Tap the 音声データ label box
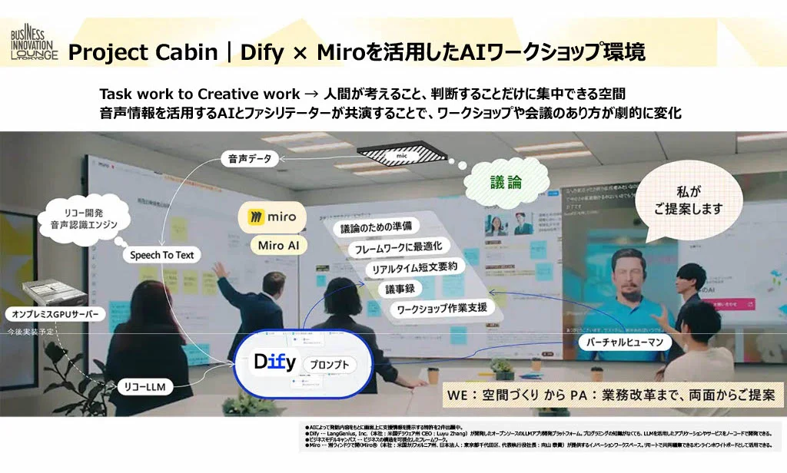(x=251, y=159)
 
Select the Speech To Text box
(x=161, y=254)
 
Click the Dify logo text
(x=274, y=361)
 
